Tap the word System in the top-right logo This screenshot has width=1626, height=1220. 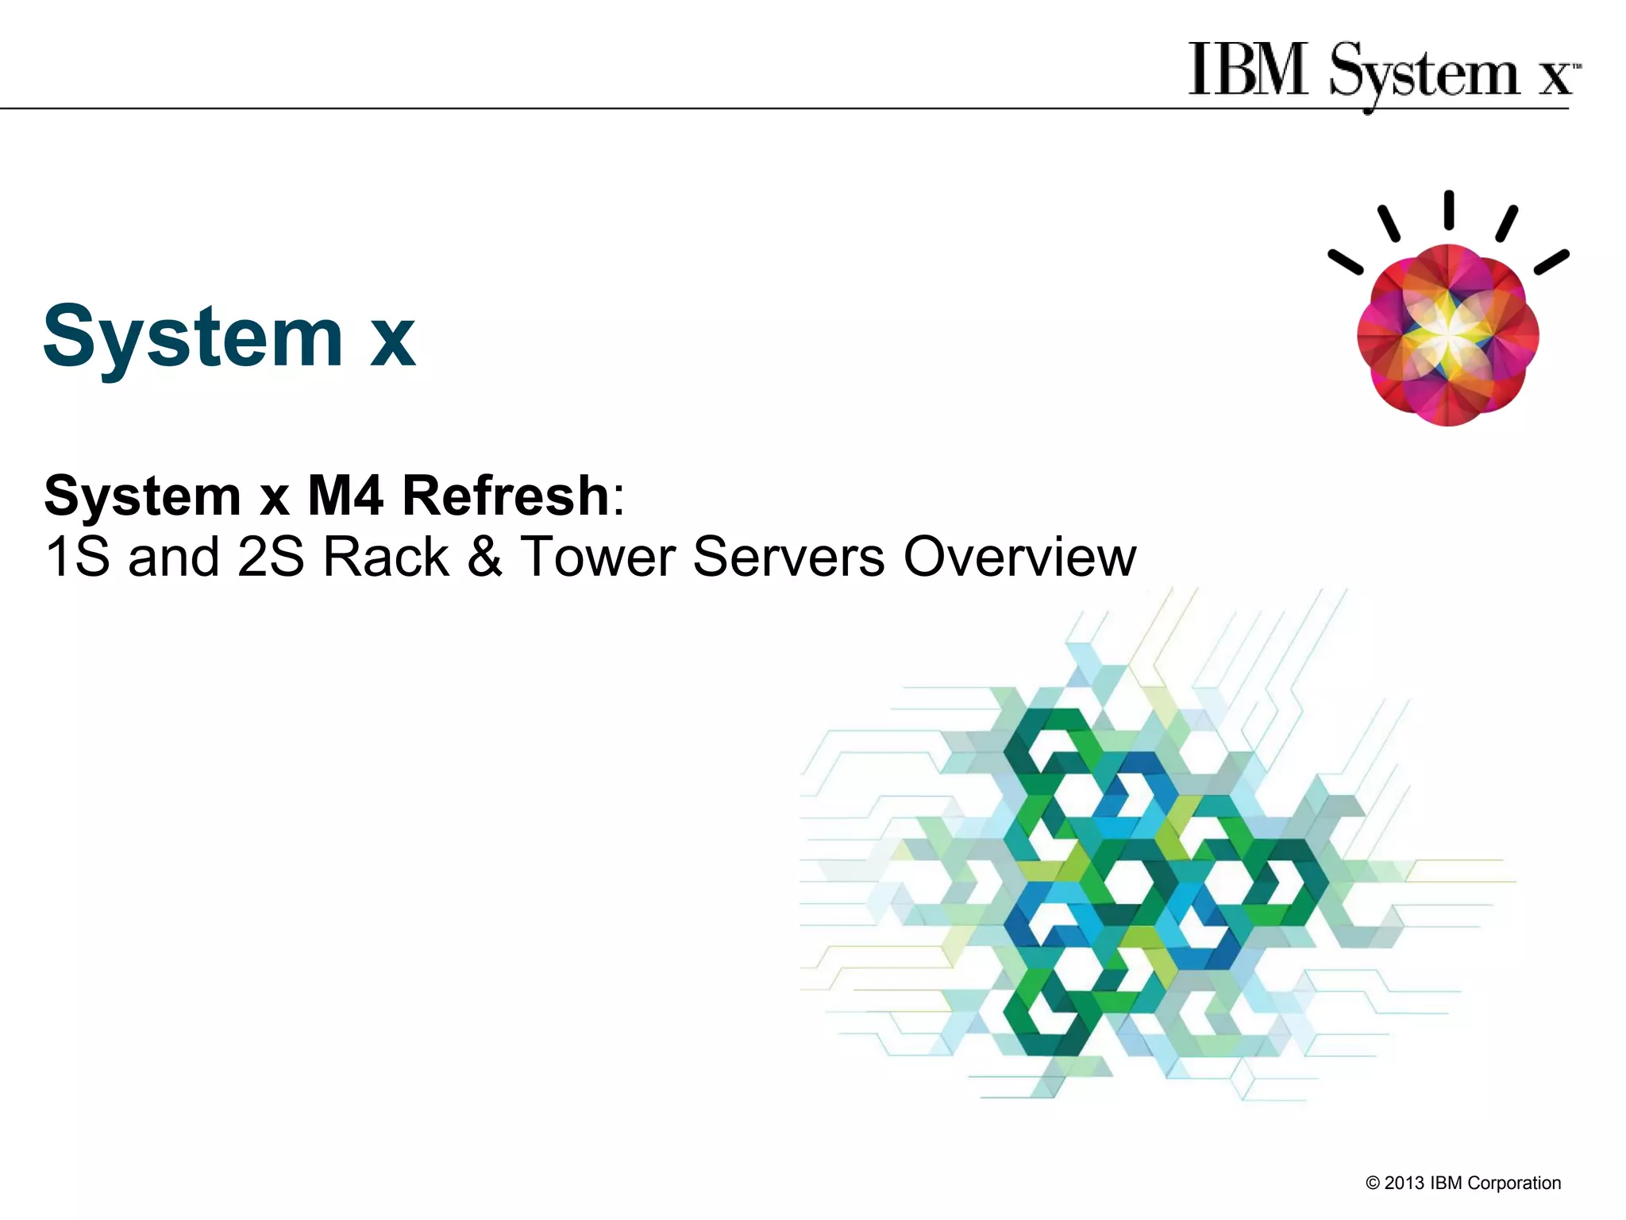(x=1424, y=74)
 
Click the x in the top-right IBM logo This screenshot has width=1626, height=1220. (x=1555, y=78)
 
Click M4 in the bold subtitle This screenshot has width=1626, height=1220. (x=345, y=496)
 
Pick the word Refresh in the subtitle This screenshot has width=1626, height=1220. (x=506, y=496)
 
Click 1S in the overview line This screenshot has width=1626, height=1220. (x=77, y=557)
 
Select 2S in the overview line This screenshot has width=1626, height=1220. (x=270, y=557)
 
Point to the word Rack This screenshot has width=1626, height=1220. (x=387, y=557)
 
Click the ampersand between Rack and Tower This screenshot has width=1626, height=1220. (x=484, y=557)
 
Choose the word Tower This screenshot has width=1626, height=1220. (x=597, y=557)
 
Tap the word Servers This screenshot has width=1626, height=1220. (x=788, y=557)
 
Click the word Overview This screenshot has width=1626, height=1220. (x=1020, y=557)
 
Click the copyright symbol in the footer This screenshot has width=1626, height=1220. (x=1373, y=1183)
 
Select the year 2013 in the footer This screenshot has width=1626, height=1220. (x=1404, y=1183)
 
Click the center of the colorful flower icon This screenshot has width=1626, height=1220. (x=1448, y=335)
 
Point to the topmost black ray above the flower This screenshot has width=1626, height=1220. (x=1449, y=210)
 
